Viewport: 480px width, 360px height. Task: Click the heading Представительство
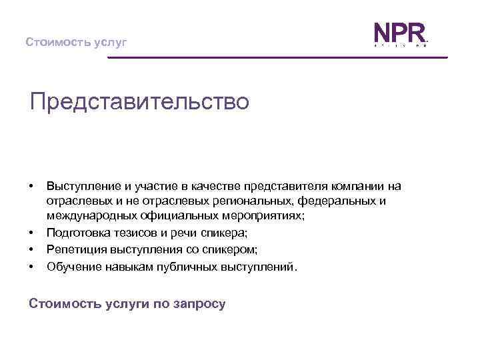[139, 102]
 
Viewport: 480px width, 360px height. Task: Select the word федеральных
[335, 201]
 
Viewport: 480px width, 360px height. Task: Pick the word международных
[92, 215]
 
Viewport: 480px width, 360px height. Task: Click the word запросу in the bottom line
[201, 304]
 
